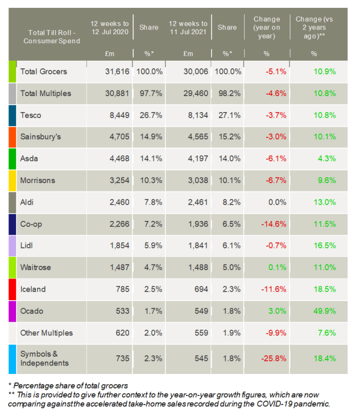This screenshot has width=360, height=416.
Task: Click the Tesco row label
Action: point(31,115)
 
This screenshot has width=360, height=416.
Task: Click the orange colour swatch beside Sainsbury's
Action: point(12,136)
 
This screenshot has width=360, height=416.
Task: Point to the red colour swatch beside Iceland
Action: point(12,289)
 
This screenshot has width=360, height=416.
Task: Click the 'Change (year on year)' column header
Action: point(267,27)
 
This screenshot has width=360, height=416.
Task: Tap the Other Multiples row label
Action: point(46,333)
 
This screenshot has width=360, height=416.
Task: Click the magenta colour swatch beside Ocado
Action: point(12,311)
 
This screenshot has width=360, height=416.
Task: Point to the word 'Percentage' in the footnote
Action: point(35,384)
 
